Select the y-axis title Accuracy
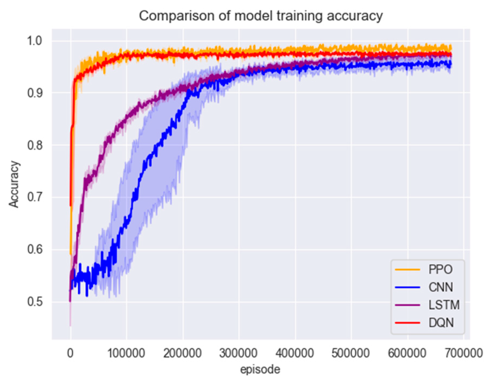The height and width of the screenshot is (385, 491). (14, 184)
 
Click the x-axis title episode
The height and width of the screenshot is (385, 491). (260, 369)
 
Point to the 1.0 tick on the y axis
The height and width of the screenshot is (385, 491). (34, 41)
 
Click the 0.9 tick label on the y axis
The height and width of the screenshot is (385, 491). (34, 93)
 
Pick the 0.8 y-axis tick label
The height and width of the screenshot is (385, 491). (34, 145)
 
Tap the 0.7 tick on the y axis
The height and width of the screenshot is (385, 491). (34, 197)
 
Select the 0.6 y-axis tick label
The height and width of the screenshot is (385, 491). (34, 249)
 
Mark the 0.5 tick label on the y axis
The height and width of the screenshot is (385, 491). (34, 302)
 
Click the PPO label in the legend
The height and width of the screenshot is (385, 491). (440, 269)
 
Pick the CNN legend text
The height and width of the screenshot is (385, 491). (440, 287)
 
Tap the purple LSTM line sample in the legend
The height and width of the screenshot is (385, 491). (407, 305)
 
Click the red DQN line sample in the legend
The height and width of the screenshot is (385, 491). (407, 323)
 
